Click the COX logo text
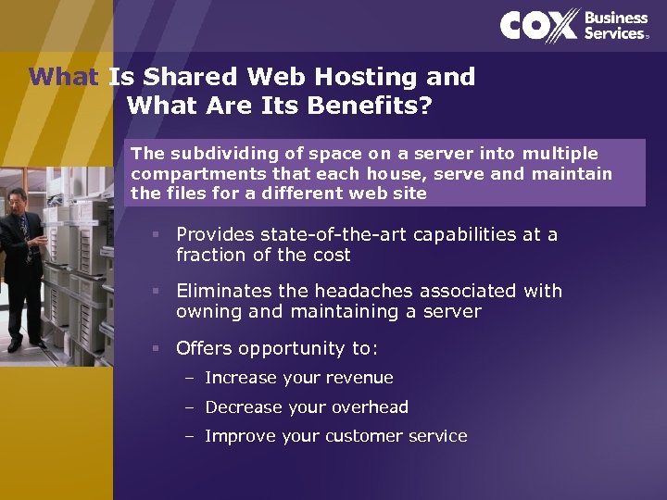click(x=539, y=26)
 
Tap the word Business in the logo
click(x=616, y=18)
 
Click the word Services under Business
click(x=613, y=33)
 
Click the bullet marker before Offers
click(x=158, y=349)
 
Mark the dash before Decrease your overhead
click(x=190, y=407)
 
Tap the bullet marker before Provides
click(x=158, y=235)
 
